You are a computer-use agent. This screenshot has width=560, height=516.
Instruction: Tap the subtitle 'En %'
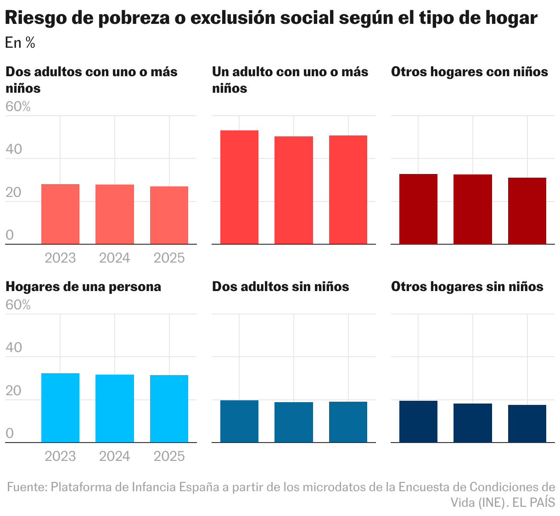[x=20, y=43]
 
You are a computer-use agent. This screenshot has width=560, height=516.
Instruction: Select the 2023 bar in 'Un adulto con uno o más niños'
[x=239, y=187]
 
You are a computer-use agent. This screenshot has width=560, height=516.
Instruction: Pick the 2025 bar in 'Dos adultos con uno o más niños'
[x=169, y=215]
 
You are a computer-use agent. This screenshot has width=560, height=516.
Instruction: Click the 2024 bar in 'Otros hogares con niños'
[x=472, y=209]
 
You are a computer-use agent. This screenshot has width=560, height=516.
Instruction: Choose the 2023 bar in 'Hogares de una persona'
[x=60, y=408]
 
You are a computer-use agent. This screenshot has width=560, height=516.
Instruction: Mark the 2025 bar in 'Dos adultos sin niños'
[x=348, y=422]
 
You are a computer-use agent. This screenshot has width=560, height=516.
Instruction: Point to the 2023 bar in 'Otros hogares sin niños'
[x=418, y=422]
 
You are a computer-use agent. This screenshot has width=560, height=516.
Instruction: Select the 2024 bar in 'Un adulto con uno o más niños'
[x=294, y=190]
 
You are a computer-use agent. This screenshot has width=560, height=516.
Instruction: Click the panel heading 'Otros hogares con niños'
[x=469, y=72]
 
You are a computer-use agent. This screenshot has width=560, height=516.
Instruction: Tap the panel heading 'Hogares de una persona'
[x=83, y=287]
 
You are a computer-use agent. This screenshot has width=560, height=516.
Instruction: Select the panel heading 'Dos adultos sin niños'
[x=280, y=287]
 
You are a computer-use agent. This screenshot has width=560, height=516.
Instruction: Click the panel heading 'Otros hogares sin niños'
[x=467, y=287]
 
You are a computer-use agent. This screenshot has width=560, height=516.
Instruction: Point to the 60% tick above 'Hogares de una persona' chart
[x=18, y=305]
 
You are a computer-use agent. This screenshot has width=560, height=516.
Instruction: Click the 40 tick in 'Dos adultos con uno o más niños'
[x=14, y=149]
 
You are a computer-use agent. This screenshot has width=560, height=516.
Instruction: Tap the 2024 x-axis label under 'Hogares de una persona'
[x=115, y=456]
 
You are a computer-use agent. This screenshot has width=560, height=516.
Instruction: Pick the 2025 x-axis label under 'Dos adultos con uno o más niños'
[x=169, y=258]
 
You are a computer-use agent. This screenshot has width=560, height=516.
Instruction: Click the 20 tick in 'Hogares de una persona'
[x=14, y=391]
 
